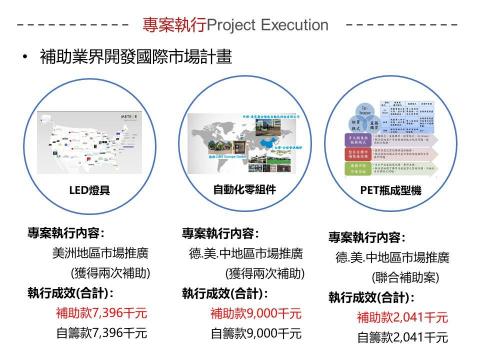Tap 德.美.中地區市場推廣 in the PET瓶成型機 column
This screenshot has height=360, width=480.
(392, 257)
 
